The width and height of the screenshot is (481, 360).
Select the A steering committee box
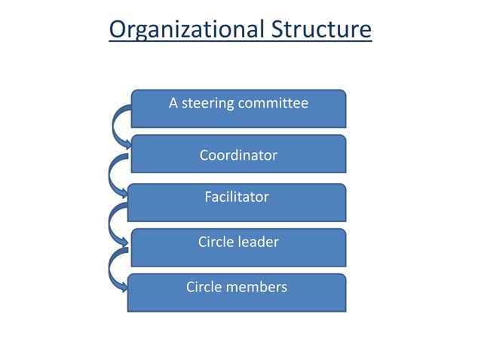pos(239,108)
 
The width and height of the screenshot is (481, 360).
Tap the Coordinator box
pos(239,154)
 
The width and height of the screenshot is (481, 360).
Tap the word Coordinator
pos(238,156)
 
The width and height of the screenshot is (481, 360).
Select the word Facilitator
pos(237,197)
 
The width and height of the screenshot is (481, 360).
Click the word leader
pos(259,243)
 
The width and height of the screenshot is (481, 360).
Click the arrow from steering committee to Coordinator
pos(119,127)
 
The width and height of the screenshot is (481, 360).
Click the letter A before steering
pos(173,104)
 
